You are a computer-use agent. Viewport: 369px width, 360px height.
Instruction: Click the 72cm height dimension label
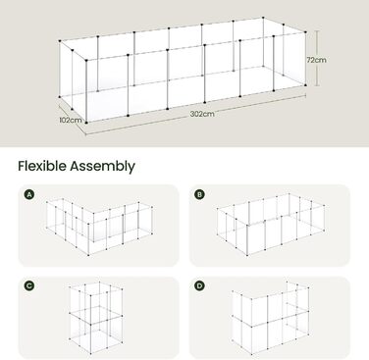point(316,60)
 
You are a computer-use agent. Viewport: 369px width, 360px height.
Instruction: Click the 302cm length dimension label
point(202,114)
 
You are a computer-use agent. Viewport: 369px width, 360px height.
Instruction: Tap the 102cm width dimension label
point(71,120)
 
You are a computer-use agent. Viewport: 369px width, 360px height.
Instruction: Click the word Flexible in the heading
point(42,166)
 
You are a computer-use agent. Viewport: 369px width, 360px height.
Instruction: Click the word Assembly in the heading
point(102,167)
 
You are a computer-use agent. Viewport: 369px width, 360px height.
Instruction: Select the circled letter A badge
point(29,195)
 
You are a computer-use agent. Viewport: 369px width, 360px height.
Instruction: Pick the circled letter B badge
point(199,195)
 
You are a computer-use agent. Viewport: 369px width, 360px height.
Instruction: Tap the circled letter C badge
point(29,285)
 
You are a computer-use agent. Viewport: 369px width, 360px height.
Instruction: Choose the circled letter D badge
point(199,285)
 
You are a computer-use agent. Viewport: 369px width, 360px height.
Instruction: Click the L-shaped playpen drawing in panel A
point(88,226)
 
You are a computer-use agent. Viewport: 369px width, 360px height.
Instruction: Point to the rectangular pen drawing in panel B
point(247,226)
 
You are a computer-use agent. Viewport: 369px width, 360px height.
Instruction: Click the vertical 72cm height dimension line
point(317,58)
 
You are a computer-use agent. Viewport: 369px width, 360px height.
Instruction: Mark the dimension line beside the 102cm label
point(73,115)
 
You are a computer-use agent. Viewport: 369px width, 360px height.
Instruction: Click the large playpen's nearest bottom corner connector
point(86,123)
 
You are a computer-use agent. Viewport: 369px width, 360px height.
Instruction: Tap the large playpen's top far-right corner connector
point(305,32)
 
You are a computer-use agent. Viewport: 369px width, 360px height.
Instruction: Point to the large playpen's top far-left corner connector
point(60,41)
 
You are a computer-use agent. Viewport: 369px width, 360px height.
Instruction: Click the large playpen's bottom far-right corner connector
point(305,85)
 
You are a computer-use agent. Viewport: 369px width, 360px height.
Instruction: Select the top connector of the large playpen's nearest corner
point(86,60)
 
